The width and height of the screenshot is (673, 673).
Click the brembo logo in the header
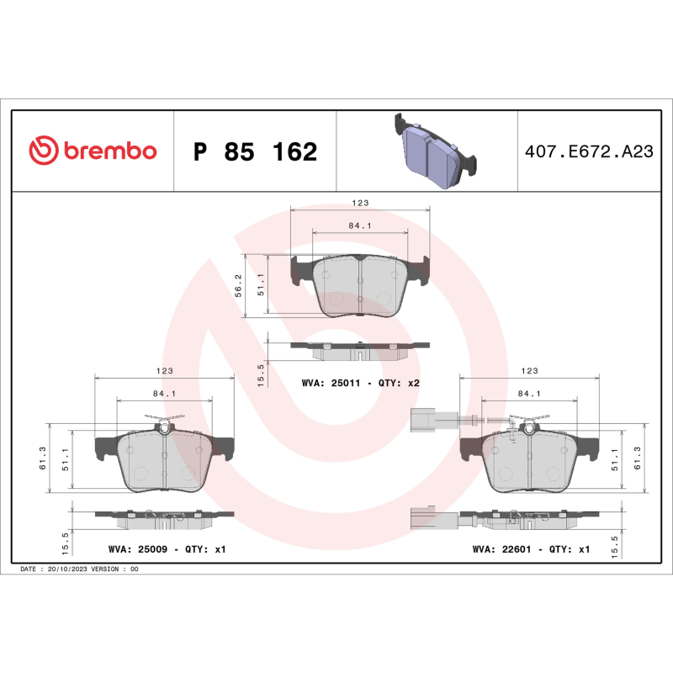tap(93, 151)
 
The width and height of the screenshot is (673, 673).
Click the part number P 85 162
tap(255, 152)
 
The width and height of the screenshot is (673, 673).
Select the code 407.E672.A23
tap(589, 152)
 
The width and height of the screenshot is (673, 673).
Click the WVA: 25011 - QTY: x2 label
tap(360, 383)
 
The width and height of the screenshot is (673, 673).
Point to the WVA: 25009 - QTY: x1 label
tap(167, 548)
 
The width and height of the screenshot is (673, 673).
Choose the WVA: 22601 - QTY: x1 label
tap(532, 548)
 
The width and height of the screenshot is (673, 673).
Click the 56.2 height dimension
tap(238, 285)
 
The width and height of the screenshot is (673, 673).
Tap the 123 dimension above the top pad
tap(360, 203)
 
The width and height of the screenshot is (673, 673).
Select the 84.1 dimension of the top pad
tap(360, 225)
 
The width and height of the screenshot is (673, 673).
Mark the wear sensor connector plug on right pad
tap(421, 418)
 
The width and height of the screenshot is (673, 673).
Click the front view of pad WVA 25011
tap(360, 286)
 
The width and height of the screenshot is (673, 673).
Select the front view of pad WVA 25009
tap(164, 458)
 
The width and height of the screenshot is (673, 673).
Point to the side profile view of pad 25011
tap(360, 346)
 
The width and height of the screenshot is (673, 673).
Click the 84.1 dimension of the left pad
tap(164, 393)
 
